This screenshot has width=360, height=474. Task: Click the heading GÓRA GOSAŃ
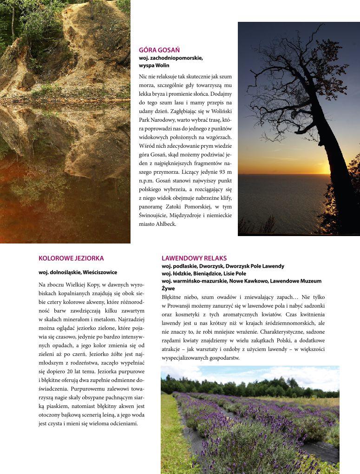[x=159, y=50]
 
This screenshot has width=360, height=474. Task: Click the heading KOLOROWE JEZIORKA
[x=71, y=258]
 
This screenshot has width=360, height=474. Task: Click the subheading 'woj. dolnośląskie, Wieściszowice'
[x=78, y=272]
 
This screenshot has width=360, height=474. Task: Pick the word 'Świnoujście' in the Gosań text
[x=153, y=215]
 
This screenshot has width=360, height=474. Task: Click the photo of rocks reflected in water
[x=65, y=121]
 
